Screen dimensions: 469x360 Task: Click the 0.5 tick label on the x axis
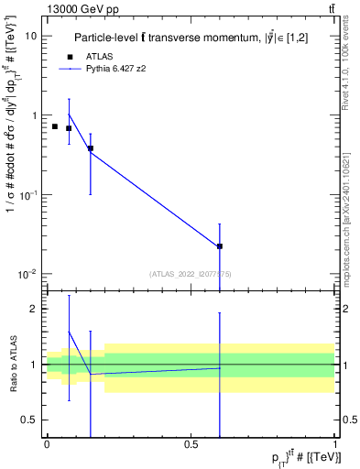tap(191, 443)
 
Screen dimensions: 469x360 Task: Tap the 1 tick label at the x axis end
tap(335, 443)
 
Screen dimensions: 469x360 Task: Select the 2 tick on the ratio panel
tap(35, 309)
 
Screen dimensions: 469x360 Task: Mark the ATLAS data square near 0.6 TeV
tap(220, 246)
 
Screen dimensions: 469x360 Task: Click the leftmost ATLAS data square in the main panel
tap(55, 126)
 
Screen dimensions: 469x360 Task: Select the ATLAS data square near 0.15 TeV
tap(90, 148)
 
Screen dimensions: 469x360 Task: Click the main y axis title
tap(12, 156)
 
